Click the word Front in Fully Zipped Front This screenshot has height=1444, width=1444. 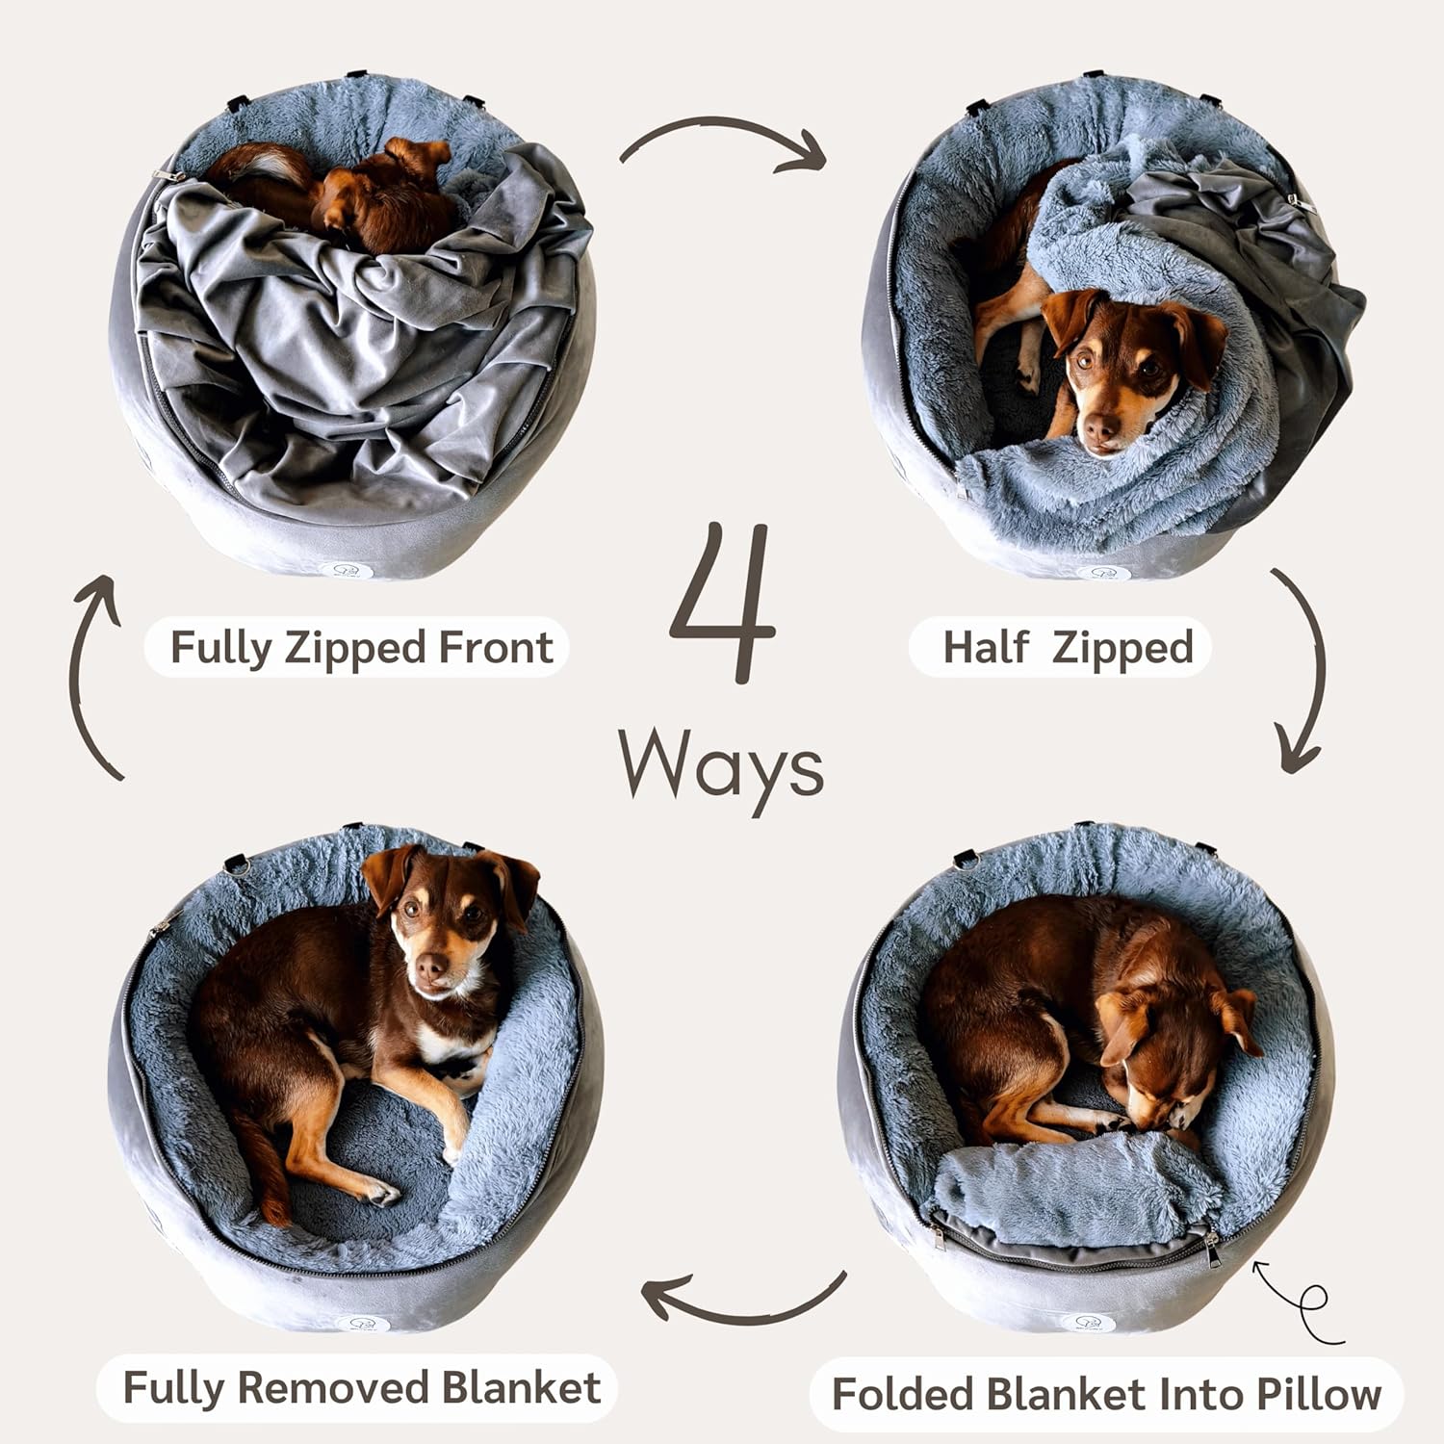[496, 647]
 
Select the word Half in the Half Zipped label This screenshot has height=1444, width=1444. [987, 647]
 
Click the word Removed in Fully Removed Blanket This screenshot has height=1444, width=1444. [332, 1388]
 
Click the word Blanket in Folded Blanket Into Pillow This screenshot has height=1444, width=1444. [1069, 1394]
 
